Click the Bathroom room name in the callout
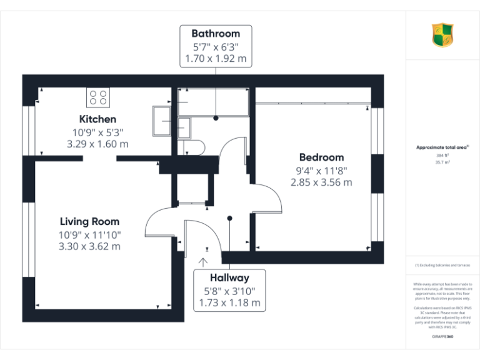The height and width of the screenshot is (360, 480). pyautogui.click(x=215, y=33)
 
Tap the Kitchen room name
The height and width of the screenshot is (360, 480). pyautogui.click(x=97, y=119)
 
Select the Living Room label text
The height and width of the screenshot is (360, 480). pyautogui.click(x=89, y=221)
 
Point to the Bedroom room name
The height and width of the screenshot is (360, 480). pyautogui.click(x=321, y=157)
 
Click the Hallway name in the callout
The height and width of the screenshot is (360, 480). pyautogui.click(x=229, y=277)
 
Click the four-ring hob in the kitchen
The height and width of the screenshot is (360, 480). pyautogui.click(x=98, y=97)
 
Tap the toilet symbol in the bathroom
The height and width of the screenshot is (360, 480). pyautogui.click(x=196, y=146)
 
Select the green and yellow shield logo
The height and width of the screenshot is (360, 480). pyautogui.click(x=442, y=35)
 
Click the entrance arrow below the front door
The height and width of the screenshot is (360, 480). pyautogui.click(x=204, y=261)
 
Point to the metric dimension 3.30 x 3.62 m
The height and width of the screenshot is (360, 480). pyautogui.click(x=89, y=246)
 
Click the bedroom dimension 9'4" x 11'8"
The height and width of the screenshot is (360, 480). pyautogui.click(x=321, y=170)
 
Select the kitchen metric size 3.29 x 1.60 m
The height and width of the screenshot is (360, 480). pyautogui.click(x=97, y=144)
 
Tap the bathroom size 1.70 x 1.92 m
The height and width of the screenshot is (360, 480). pyautogui.click(x=215, y=59)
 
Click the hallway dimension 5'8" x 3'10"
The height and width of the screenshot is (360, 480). pyautogui.click(x=229, y=291)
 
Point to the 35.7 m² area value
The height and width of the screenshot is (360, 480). pyautogui.click(x=442, y=161)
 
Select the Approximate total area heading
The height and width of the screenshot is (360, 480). pyautogui.click(x=442, y=147)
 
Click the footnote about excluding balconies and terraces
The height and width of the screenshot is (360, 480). pyautogui.click(x=442, y=265)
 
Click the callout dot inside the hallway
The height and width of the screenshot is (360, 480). pyautogui.click(x=230, y=218)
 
